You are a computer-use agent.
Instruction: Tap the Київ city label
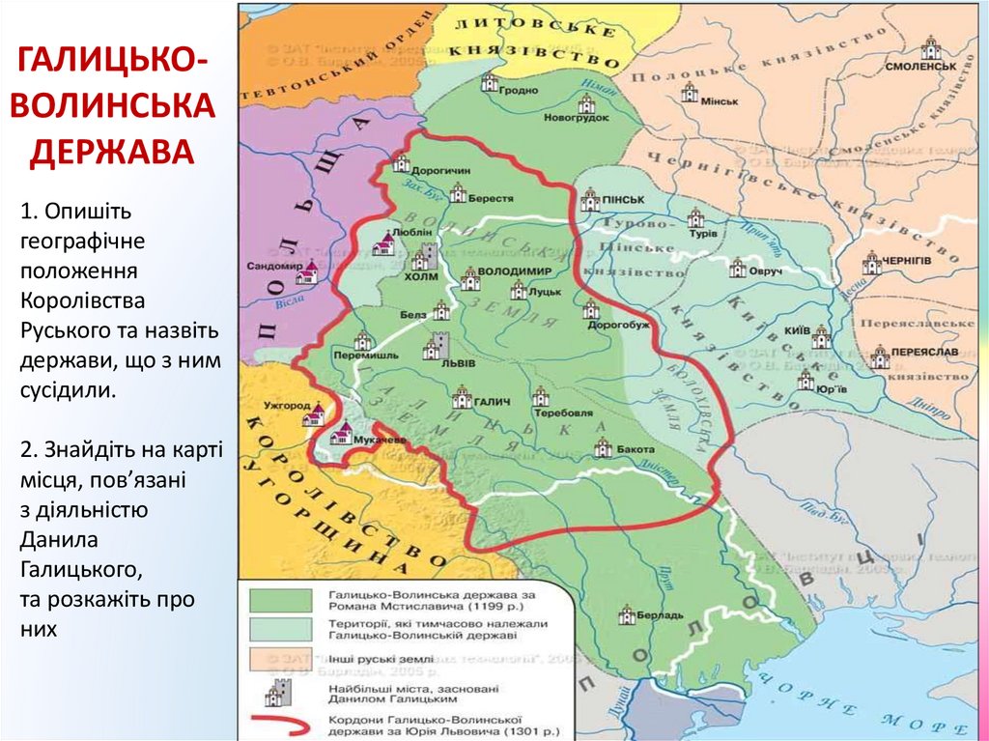[797, 330]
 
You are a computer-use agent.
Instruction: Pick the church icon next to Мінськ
[689, 93]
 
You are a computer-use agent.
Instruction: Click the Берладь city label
[664, 615]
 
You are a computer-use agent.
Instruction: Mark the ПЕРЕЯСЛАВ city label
[926, 354]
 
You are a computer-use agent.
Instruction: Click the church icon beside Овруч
[738, 269]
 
